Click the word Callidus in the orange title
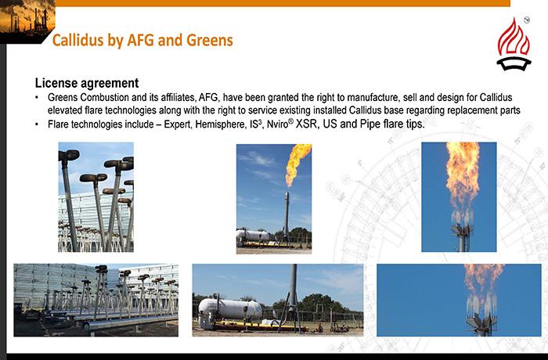point(78,40)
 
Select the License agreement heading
point(87,83)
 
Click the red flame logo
point(514,44)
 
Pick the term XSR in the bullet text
point(307,124)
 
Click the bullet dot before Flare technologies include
point(37,124)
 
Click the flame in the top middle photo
point(297,164)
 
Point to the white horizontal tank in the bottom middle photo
point(230,311)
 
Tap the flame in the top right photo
point(461,178)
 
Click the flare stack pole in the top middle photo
point(287,214)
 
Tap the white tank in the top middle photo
point(252,236)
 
